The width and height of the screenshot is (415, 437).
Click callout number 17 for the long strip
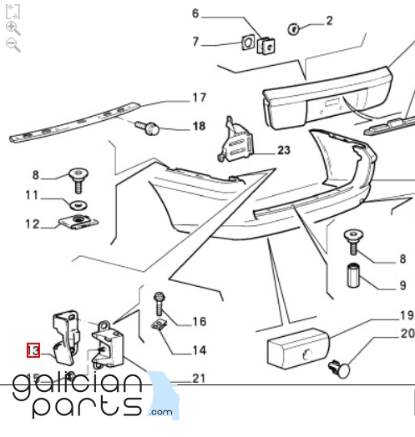pos(200,98)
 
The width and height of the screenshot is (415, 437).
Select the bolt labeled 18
pos(147,128)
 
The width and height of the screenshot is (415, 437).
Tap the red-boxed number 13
pos(33,350)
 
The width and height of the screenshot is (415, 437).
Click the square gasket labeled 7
pos(248,43)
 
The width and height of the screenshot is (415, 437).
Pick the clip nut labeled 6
pos(266,46)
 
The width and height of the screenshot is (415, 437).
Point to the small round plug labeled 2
pos(293,29)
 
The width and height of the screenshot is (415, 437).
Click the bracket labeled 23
pos(236,141)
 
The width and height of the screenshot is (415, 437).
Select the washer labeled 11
pos(78,206)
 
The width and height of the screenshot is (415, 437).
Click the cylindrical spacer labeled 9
pos(353,275)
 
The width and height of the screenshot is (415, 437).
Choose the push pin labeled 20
pos(340,369)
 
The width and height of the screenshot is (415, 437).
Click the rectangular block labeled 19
pos(298,349)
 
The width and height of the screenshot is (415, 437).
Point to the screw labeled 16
pos(159,304)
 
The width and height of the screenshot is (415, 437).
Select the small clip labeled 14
pos(159,324)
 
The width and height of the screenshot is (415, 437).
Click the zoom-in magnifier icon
pos(13,28)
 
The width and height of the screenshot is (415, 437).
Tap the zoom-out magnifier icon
pos(13,45)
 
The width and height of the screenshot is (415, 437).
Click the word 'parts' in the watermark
pos(87,407)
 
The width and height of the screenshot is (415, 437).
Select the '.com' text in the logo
pos(161,412)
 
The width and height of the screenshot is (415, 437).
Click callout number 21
pos(199,379)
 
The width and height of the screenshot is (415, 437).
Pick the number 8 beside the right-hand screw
pos(402,259)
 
